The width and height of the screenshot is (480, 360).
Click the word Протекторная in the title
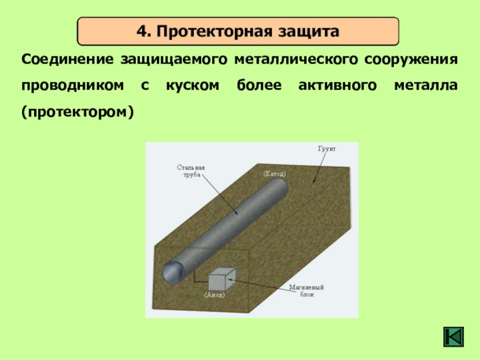pos(214,31)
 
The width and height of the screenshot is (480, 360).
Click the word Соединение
pos(68,59)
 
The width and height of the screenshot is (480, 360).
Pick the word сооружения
pos(411,59)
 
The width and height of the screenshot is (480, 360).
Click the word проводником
pos(73,86)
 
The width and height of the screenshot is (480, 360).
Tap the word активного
pos(337,85)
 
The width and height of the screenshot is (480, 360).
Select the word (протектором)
pos(78,112)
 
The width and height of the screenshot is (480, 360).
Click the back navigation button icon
pos(454,337)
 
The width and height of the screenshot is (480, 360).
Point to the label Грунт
pos(326,149)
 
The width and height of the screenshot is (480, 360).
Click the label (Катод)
pos(274,174)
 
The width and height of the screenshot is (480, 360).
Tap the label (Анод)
pos(214,295)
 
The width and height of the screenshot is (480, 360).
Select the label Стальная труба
pos(191,171)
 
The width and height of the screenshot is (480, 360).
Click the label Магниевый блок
pos(307,291)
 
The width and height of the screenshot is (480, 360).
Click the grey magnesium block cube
pos(221,279)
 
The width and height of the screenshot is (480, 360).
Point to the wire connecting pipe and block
pos(199,281)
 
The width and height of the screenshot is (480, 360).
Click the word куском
pos(193,86)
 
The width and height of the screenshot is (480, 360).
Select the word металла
pos(426,85)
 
